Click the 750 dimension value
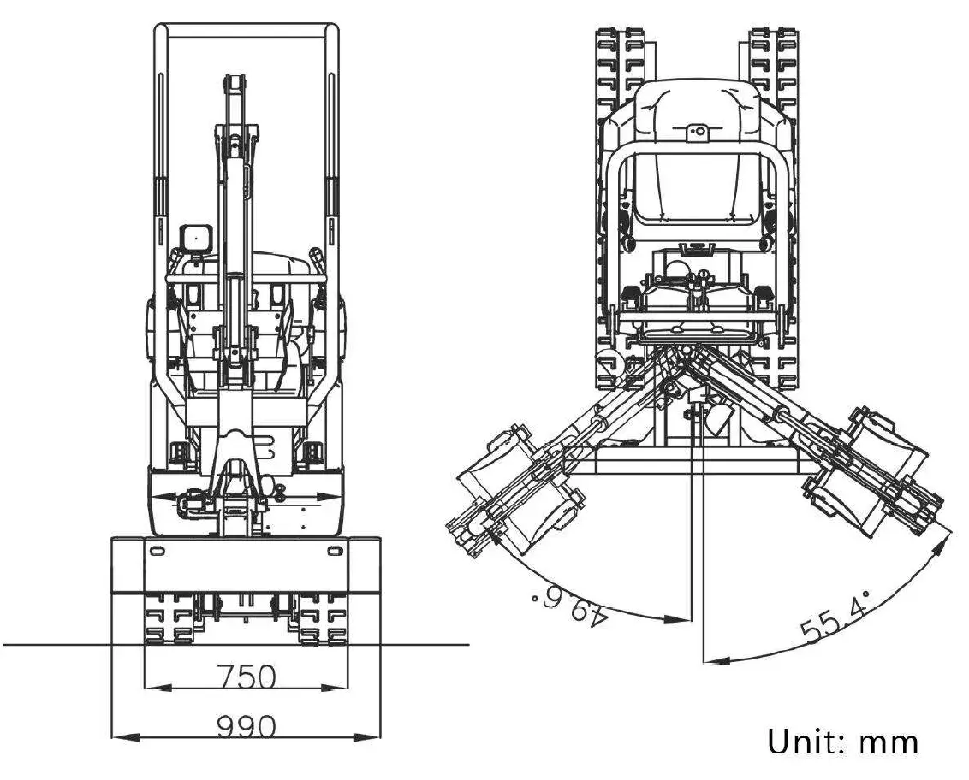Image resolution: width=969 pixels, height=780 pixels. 247,677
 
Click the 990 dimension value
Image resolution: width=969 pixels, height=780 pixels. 247,727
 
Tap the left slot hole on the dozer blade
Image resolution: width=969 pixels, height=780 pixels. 157,551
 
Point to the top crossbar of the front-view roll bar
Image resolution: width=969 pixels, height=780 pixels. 247,30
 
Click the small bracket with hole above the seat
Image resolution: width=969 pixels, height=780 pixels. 698,131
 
